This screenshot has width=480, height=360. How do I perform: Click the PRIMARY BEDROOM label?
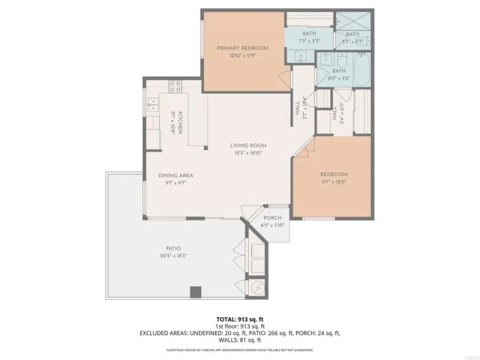(x=242, y=48)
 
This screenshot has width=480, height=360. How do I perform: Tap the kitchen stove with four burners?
(x=175, y=86)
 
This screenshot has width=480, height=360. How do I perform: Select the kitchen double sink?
(x=153, y=104)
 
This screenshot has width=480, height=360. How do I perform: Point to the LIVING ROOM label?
(x=248, y=145)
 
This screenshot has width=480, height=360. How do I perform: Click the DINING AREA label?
(x=171, y=175)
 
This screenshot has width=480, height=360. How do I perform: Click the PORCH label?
(x=272, y=218)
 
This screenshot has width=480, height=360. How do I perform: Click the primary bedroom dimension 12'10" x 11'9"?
(x=242, y=55)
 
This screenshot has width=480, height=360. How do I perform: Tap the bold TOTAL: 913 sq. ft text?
(x=240, y=318)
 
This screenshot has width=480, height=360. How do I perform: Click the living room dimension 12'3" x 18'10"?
(x=248, y=154)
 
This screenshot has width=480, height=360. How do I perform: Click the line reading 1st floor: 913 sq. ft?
(x=240, y=325)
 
